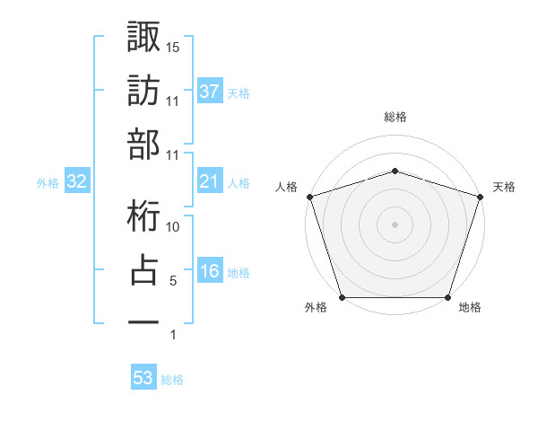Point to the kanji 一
pyautogui.click(x=143, y=321)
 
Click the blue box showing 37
pyautogui.click(x=209, y=92)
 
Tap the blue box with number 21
pyautogui.click(x=209, y=182)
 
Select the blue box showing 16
pyautogui.click(x=209, y=272)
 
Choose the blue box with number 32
pyautogui.click(x=77, y=182)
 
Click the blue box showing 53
pyautogui.click(x=143, y=378)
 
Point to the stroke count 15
pyautogui.click(x=173, y=46)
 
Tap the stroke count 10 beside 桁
pyautogui.click(x=173, y=226)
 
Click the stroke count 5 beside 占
pyautogui.click(x=173, y=281)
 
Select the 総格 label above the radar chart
pyautogui.click(x=395, y=117)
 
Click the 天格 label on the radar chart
pyautogui.click(x=505, y=187)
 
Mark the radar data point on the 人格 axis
pyautogui.click(x=310, y=196)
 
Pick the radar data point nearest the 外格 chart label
pyautogui.click(x=343, y=297)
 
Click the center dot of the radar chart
pyautogui.click(x=395, y=224)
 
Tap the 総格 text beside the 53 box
pyautogui.click(x=172, y=379)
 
